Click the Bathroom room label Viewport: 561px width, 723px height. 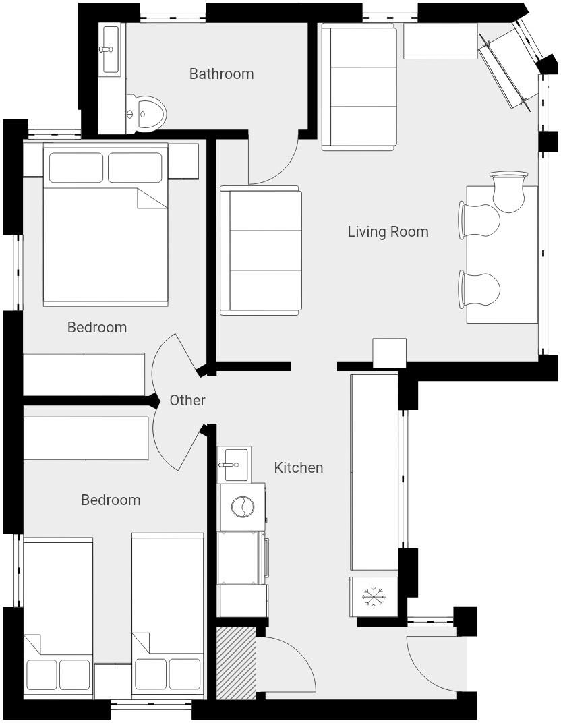coord(221,74)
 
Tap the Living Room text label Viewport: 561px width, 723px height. coord(388,231)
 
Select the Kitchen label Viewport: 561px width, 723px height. coord(298,467)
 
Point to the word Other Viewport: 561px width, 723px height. coord(187,400)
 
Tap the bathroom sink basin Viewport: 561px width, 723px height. coord(109,49)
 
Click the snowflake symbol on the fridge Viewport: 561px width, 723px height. coord(373,597)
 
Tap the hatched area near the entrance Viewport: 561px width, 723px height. coord(236,662)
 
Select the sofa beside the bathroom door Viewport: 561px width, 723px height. coord(260,251)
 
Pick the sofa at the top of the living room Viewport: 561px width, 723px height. coord(358,87)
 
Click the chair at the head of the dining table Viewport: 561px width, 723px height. coord(508,192)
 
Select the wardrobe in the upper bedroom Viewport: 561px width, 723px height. coord(84,374)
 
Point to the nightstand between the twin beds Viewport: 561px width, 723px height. coord(112,681)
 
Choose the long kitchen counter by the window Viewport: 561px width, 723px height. coord(374,472)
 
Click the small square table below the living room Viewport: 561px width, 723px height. coord(389,353)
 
